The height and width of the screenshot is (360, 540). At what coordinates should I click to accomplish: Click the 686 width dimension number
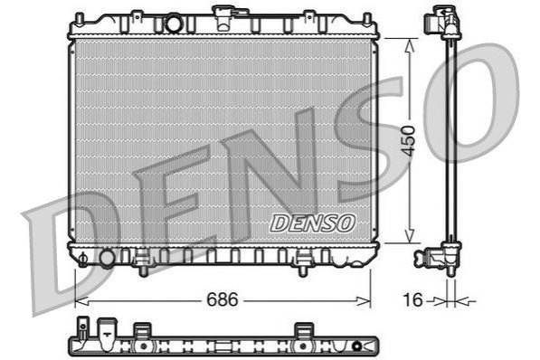pyautogui.click(x=223, y=299)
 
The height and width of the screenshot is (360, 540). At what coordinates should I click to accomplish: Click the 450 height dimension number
pyautogui.click(x=409, y=141)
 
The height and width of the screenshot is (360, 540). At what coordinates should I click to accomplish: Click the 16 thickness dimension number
pyautogui.click(x=412, y=299)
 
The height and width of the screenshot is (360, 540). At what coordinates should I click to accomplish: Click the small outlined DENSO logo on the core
pyautogui.click(x=312, y=223)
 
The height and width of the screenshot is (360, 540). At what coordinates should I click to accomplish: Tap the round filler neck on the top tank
pyautogui.click(x=174, y=24)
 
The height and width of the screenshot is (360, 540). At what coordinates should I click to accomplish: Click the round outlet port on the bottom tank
pyautogui.click(x=107, y=258)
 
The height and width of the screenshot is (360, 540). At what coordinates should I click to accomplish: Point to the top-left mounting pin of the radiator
pyautogui.click(x=80, y=20)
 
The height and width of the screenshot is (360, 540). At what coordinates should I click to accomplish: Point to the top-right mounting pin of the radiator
pyautogui.click(x=367, y=20)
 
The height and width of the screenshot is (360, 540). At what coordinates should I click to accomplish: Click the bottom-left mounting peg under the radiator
pyautogui.click(x=144, y=270)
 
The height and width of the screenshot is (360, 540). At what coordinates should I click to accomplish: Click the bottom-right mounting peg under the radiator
pyautogui.click(x=303, y=270)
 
